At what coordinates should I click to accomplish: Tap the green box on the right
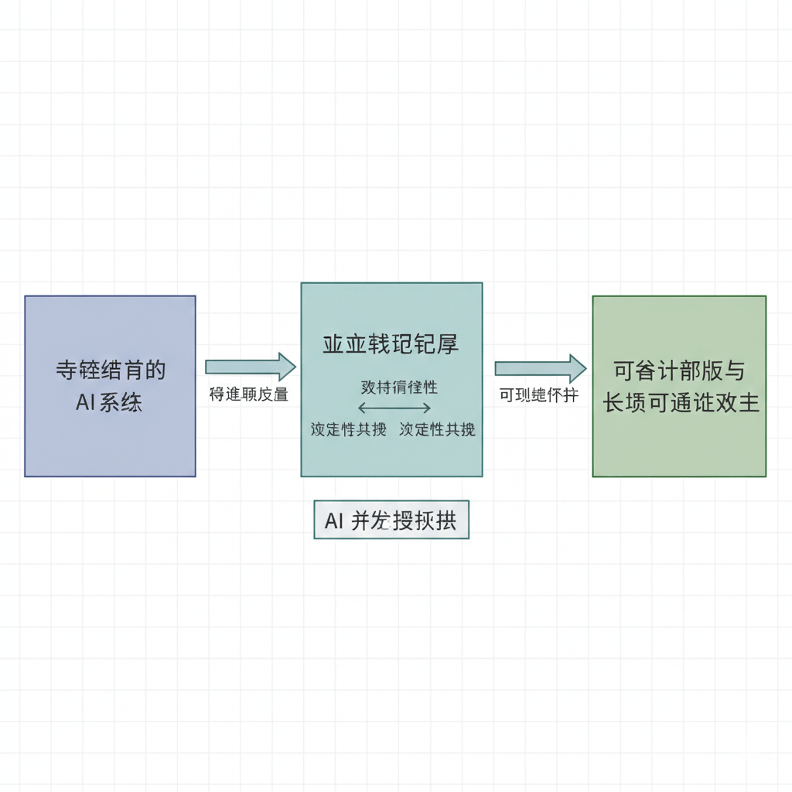coord(679,449)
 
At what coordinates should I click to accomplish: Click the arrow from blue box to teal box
coord(250,367)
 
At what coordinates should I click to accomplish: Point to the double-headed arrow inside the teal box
coord(394,408)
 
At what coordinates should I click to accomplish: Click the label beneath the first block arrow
coord(248,394)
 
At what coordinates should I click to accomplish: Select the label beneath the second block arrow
coord(538,395)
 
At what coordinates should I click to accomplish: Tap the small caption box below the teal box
coord(391,520)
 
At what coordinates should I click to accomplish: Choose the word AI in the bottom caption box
coord(333,521)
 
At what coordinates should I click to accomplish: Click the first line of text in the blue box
coord(111,370)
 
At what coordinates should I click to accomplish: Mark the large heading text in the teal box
coord(391,344)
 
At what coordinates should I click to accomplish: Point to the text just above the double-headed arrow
coord(399,387)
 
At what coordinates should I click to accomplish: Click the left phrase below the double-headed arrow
coord(348,429)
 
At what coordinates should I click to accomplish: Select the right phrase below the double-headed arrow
coord(437,429)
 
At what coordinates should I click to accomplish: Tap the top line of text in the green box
coord(679,371)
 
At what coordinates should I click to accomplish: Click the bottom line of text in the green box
coord(681,403)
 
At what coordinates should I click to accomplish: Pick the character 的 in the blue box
coord(155,370)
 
